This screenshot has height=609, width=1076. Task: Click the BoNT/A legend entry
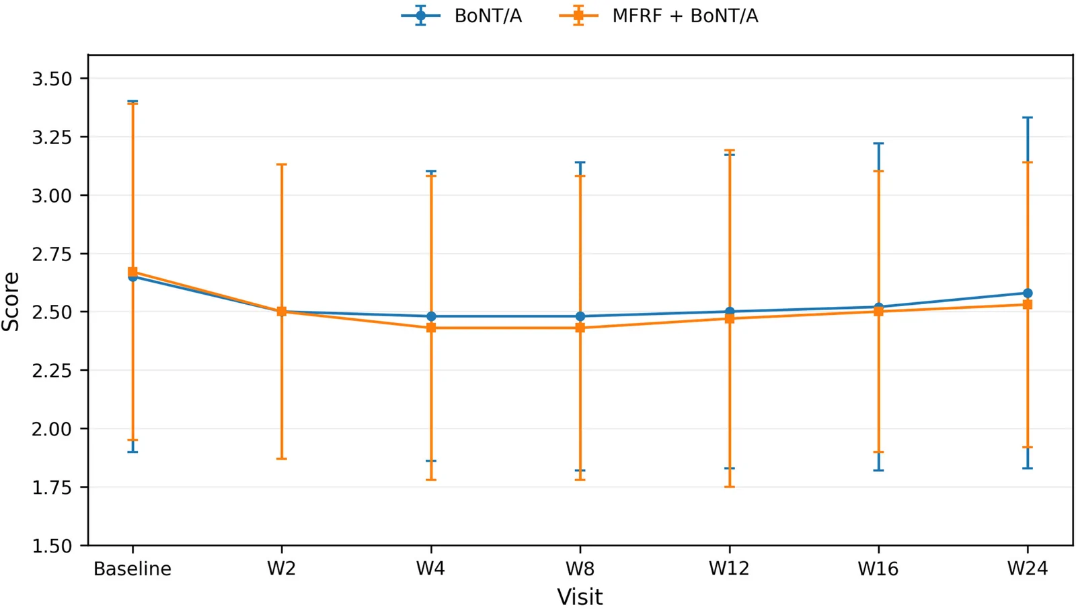click(x=461, y=16)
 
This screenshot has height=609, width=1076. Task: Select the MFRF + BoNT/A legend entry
click(x=658, y=16)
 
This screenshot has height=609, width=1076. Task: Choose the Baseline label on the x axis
click(x=132, y=569)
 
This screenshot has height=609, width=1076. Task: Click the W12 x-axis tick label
click(x=729, y=569)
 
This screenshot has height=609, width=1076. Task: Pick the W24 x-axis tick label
click(x=1028, y=569)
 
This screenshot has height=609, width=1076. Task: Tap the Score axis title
click(x=11, y=301)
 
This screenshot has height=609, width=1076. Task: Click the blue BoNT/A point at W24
click(x=1028, y=293)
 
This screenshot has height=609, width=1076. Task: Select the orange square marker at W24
click(x=1028, y=304)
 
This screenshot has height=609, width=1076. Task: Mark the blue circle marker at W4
click(x=431, y=316)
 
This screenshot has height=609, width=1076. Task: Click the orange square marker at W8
click(x=580, y=328)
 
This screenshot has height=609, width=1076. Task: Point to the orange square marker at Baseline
click(x=132, y=272)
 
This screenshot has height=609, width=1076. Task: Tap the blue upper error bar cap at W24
click(x=1028, y=117)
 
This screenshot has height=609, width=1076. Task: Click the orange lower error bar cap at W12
click(x=729, y=487)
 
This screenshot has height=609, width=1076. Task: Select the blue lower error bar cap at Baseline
click(x=132, y=452)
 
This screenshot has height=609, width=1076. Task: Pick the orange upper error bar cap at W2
click(x=282, y=164)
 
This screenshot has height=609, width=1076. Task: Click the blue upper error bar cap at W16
click(x=878, y=143)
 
